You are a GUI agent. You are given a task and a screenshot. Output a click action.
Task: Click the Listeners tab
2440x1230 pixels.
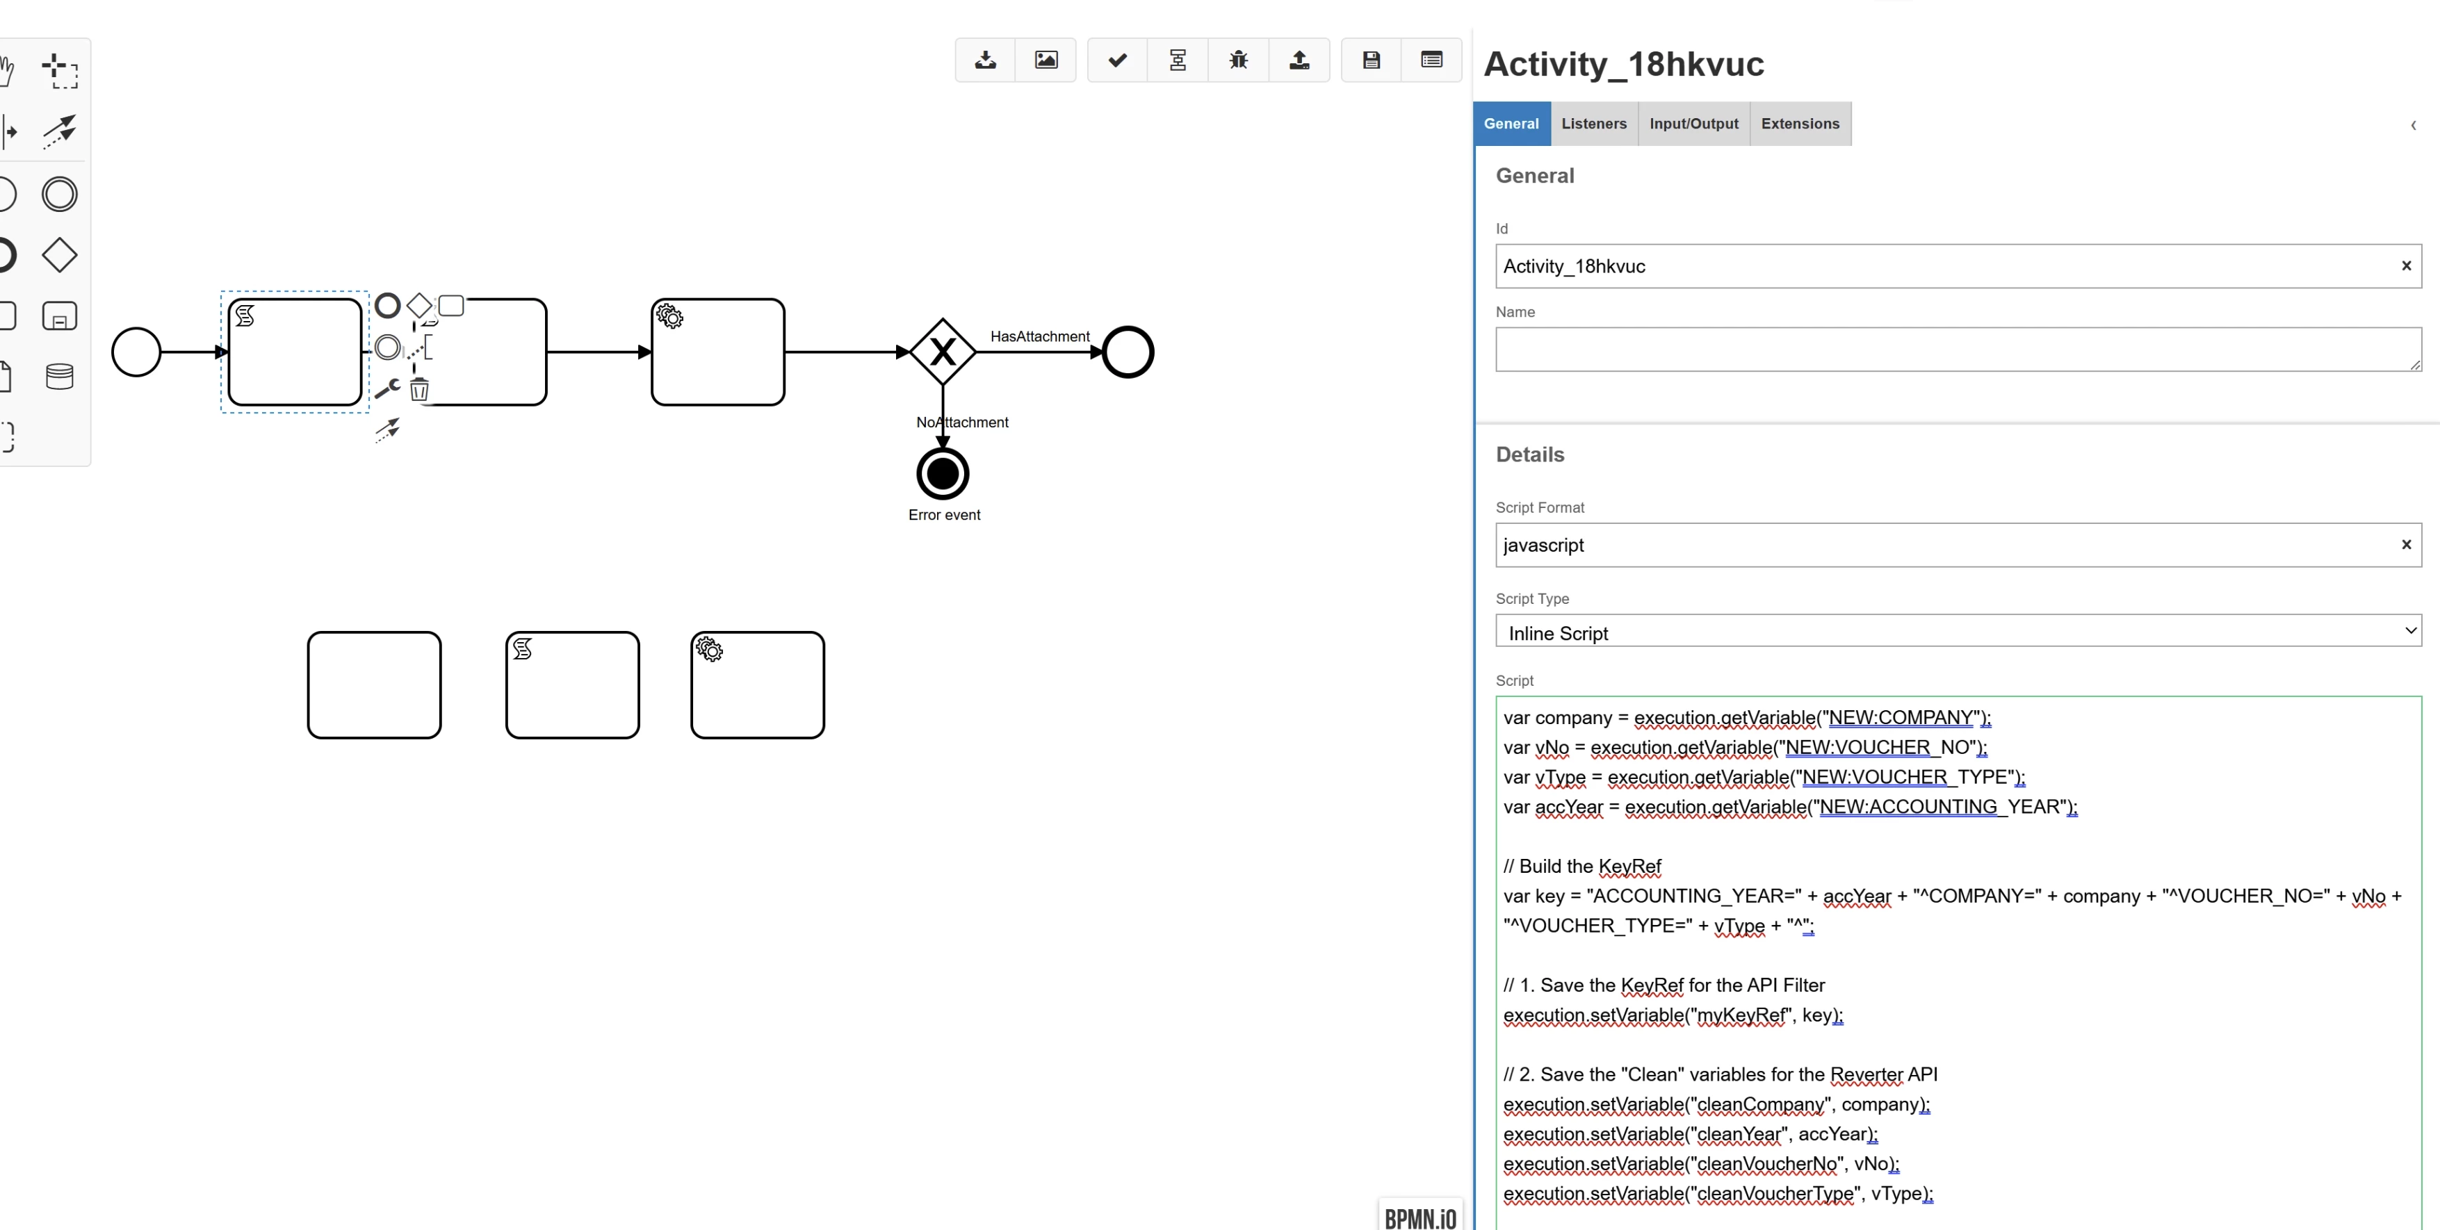1594,124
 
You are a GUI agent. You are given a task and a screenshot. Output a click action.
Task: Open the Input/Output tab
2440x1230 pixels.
1693,124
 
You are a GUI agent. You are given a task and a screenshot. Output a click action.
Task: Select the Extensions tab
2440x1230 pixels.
1800,124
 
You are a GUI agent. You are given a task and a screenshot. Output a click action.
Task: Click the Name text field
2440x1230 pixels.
1958,350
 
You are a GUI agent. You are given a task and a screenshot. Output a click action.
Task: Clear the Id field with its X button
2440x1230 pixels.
2406,266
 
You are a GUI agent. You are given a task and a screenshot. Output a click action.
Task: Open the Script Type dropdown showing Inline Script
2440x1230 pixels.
1958,632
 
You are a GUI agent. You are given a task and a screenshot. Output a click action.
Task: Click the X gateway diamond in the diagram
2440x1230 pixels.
943,352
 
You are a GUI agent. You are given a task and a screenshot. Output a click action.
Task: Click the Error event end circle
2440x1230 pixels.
943,473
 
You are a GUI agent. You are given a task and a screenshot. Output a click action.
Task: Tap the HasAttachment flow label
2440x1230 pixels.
1040,336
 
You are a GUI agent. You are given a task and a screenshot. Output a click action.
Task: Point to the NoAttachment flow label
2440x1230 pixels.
962,423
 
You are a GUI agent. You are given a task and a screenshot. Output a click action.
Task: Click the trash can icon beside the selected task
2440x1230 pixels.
420,389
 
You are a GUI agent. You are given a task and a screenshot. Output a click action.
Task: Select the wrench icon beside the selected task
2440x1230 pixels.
387,388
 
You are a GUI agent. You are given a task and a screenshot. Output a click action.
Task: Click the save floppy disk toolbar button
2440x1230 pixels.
1371,60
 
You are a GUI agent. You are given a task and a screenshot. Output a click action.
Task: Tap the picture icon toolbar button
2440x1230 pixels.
1046,60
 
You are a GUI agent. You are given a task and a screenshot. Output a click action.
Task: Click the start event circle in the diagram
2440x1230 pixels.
136,352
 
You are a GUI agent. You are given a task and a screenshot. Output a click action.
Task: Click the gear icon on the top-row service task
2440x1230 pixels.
669,316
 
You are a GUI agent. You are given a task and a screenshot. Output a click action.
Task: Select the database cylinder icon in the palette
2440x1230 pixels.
60,377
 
